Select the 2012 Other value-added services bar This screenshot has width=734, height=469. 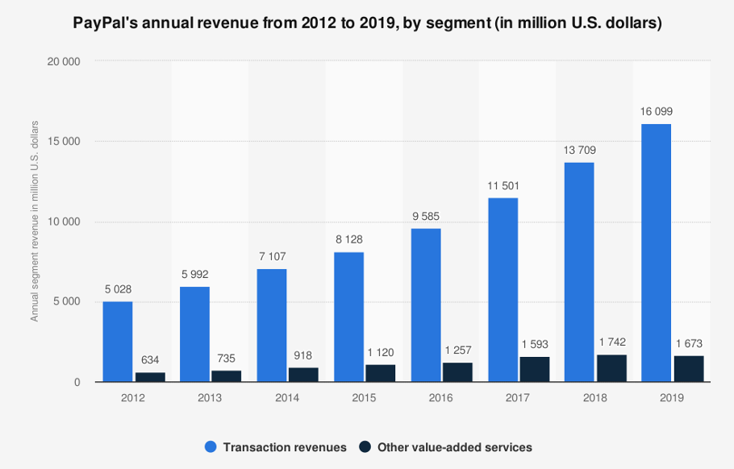click(150, 377)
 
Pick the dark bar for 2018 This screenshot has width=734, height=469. click(611, 368)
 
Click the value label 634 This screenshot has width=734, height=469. click(150, 359)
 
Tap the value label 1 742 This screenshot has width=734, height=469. click(611, 342)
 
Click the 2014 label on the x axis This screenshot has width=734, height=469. click(286, 397)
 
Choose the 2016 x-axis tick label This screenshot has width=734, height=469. click(440, 397)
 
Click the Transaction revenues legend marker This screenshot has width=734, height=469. click(211, 446)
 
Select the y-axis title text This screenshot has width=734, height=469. click(35, 221)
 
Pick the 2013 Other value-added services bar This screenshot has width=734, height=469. click(227, 376)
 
